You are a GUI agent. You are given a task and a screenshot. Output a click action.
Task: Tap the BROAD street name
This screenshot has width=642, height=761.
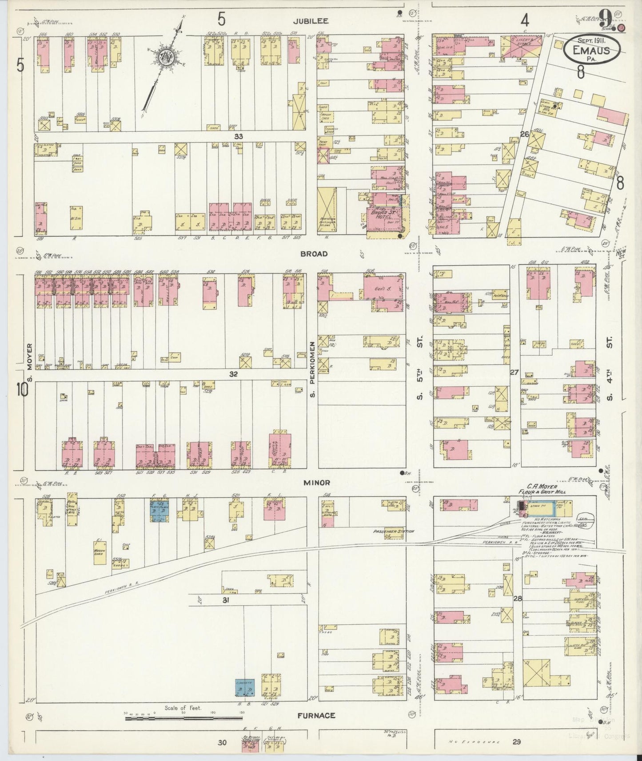click(314, 254)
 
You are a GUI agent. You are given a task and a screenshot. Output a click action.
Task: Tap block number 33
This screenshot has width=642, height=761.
click(239, 137)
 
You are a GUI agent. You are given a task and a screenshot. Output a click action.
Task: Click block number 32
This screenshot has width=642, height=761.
click(234, 374)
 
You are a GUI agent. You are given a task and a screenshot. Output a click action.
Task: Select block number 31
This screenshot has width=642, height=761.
click(226, 600)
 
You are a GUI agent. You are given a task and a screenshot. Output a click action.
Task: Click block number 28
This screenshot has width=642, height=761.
click(517, 598)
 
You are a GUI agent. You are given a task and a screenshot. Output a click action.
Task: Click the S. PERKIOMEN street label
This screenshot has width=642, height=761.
click(312, 369)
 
